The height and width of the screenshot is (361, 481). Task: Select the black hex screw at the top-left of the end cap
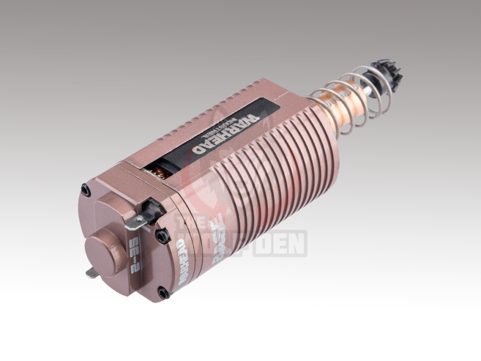point(85,190)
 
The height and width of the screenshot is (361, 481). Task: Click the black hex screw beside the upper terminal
point(162,235)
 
